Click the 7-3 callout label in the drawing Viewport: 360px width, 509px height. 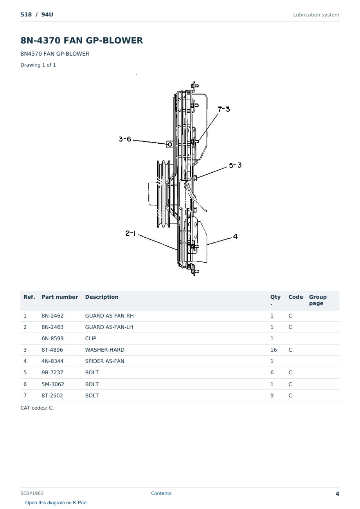coord(224,109)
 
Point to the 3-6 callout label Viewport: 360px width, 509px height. coord(125,139)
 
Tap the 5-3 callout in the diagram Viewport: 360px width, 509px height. coord(235,165)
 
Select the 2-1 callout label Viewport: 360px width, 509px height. coord(130,233)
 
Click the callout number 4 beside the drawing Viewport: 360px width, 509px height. coord(235,236)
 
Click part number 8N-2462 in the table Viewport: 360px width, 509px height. coord(52,316)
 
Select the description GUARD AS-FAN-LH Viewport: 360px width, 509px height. coord(109,327)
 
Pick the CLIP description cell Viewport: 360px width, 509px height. coord(91,338)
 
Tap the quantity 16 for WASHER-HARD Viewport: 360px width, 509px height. coord(274,350)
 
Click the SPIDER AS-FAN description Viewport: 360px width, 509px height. coord(105,361)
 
